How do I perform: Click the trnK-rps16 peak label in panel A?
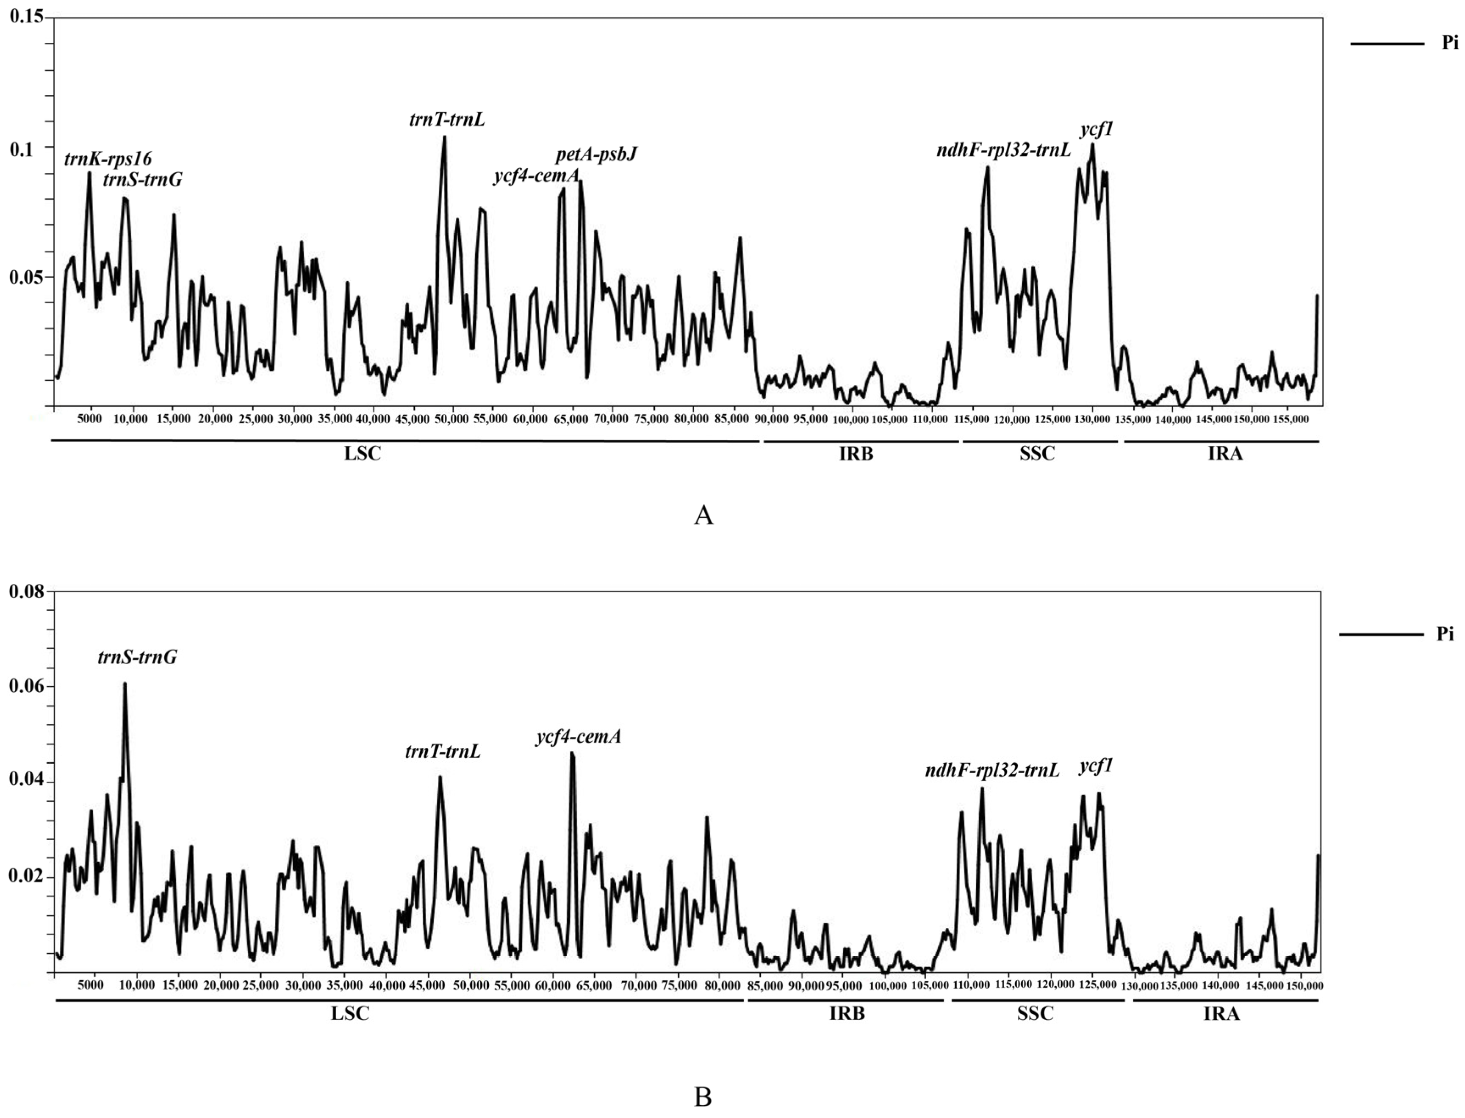click(x=108, y=159)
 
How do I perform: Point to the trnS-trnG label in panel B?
click(x=137, y=657)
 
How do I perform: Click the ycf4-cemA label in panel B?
click(x=578, y=737)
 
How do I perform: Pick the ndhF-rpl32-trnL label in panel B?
click(x=992, y=771)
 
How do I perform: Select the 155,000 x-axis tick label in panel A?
click(x=1290, y=420)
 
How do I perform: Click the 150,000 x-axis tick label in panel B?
click(x=1302, y=985)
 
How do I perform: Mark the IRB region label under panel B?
click(x=847, y=1013)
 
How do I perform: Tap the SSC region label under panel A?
click(x=1037, y=455)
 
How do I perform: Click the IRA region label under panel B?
click(x=1221, y=1013)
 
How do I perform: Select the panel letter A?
click(x=703, y=516)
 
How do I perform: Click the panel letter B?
click(x=703, y=1097)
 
